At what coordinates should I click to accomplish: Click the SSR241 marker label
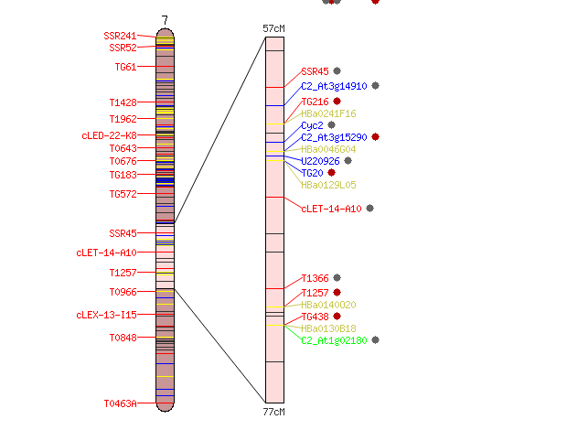click(120, 36)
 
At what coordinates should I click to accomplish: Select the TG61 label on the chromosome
click(125, 67)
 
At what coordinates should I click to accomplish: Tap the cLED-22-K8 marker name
click(109, 135)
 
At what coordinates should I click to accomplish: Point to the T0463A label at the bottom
click(120, 403)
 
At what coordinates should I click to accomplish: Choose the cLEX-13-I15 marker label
click(107, 315)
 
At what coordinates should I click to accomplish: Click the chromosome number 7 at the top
click(165, 20)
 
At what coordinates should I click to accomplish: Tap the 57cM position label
click(273, 28)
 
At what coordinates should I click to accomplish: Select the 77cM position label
click(273, 412)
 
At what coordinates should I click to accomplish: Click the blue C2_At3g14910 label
click(334, 86)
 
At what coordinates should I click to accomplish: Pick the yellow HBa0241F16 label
click(328, 113)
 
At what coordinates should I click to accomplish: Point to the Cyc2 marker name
click(312, 125)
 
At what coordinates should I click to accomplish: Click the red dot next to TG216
click(337, 101)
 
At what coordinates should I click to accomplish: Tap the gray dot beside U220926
click(348, 161)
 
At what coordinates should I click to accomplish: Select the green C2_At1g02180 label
click(334, 340)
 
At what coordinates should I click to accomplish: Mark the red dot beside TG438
click(337, 316)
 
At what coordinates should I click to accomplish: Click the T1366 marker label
click(315, 278)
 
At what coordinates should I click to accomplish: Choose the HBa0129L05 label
click(328, 185)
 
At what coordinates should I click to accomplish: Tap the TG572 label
click(123, 194)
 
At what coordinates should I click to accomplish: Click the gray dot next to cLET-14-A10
click(370, 208)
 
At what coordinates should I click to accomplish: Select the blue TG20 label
click(312, 173)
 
